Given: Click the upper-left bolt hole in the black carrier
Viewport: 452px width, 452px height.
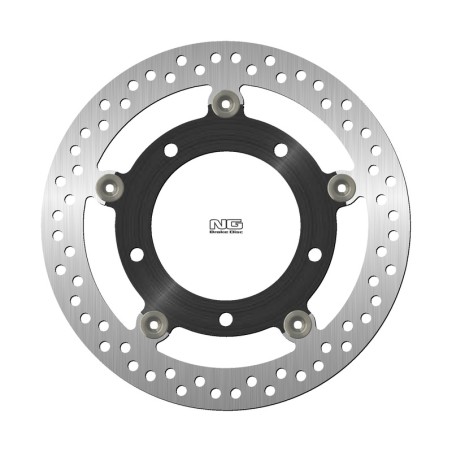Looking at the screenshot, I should (170, 150).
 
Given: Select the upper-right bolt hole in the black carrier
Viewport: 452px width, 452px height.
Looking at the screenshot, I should (281, 150).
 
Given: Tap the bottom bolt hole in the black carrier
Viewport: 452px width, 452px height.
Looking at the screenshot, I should (225, 319).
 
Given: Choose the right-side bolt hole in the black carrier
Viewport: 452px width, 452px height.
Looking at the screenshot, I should (315, 254).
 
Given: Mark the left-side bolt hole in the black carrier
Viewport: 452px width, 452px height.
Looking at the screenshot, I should (136, 254).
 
